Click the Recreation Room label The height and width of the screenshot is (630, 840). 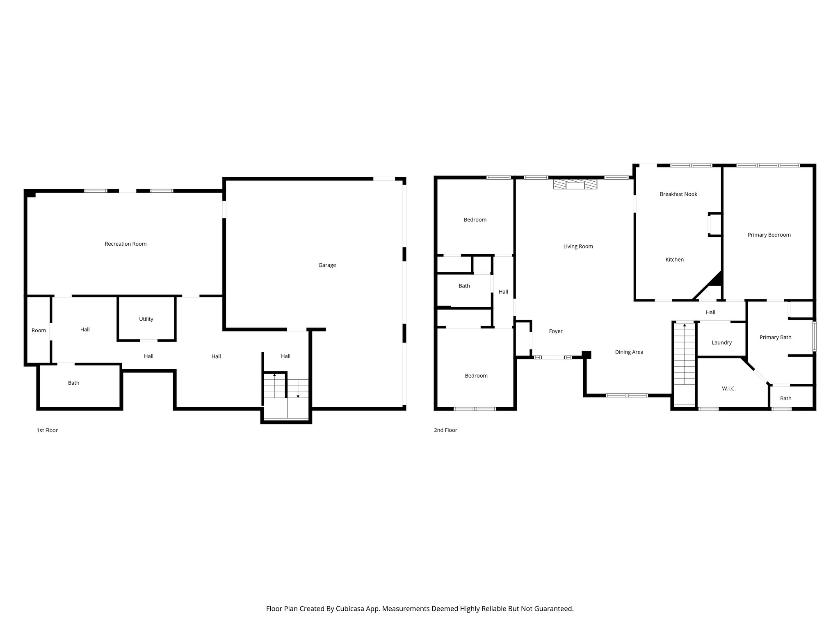(x=126, y=244)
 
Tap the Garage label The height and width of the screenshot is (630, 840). (x=327, y=265)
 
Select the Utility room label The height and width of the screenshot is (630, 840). (x=146, y=319)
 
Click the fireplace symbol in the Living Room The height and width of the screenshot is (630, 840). (x=575, y=184)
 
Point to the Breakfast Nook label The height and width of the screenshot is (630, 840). (x=678, y=194)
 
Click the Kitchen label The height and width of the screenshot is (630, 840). (x=674, y=259)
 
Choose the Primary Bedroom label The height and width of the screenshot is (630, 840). (x=769, y=235)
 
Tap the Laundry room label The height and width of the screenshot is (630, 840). (x=721, y=342)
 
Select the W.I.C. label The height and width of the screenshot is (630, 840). (x=728, y=388)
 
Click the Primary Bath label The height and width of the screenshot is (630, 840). (x=775, y=337)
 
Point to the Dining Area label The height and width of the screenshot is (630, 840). (x=629, y=352)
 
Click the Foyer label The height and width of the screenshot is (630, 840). (x=555, y=331)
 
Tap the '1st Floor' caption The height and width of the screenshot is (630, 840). (x=47, y=430)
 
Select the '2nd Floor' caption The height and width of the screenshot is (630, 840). (x=445, y=430)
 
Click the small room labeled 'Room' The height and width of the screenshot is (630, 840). (x=39, y=330)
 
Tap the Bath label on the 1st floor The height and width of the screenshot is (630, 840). (x=73, y=383)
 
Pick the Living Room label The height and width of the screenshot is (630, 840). (x=578, y=246)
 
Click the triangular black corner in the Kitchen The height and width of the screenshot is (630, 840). (x=716, y=280)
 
